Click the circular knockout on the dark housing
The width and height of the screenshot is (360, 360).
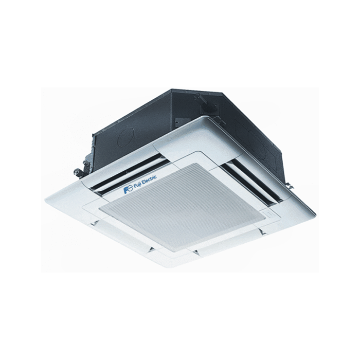tap(126, 138)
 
